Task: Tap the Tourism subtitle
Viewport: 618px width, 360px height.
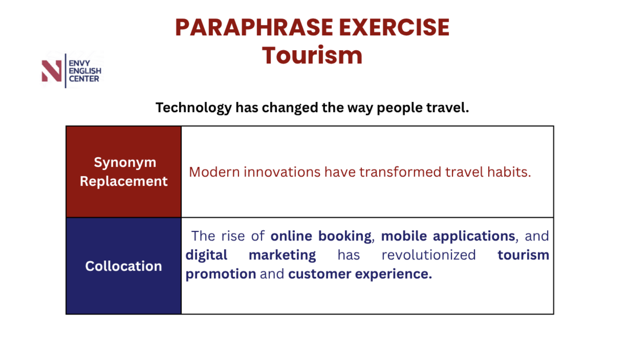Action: [312, 55]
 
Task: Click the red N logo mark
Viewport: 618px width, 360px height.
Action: [51, 71]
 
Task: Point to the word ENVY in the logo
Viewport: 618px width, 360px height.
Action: [79, 63]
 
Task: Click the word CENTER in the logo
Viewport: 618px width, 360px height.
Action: [84, 79]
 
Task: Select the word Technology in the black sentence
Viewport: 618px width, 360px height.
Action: [193, 108]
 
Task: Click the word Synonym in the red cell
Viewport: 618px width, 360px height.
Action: [125, 162]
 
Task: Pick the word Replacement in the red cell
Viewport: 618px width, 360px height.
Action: [124, 181]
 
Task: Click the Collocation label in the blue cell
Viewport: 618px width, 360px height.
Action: [123, 266]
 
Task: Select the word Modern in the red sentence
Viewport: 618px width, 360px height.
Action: [214, 172]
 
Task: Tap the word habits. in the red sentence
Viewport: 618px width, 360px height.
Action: [509, 172]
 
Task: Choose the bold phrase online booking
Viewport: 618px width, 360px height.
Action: [321, 236]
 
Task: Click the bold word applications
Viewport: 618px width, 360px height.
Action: [474, 236]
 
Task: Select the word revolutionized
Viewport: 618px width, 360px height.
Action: [429, 255]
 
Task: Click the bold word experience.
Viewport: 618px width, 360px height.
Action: [393, 274]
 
